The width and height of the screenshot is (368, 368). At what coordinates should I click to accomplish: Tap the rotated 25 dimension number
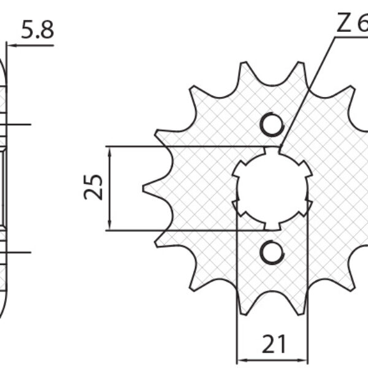(94, 188)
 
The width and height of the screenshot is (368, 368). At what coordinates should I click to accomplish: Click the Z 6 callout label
(351, 24)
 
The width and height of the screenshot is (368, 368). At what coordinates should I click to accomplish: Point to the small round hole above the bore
(272, 125)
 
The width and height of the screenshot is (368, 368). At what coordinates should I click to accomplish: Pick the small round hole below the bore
(272, 251)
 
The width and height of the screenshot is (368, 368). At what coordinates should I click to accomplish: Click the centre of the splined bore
(272, 188)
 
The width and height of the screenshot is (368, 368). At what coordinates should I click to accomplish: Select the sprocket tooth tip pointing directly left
(145, 188)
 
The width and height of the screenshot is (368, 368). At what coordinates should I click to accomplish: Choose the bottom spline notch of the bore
(272, 226)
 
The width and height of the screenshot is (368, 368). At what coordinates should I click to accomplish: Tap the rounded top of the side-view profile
(3, 61)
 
